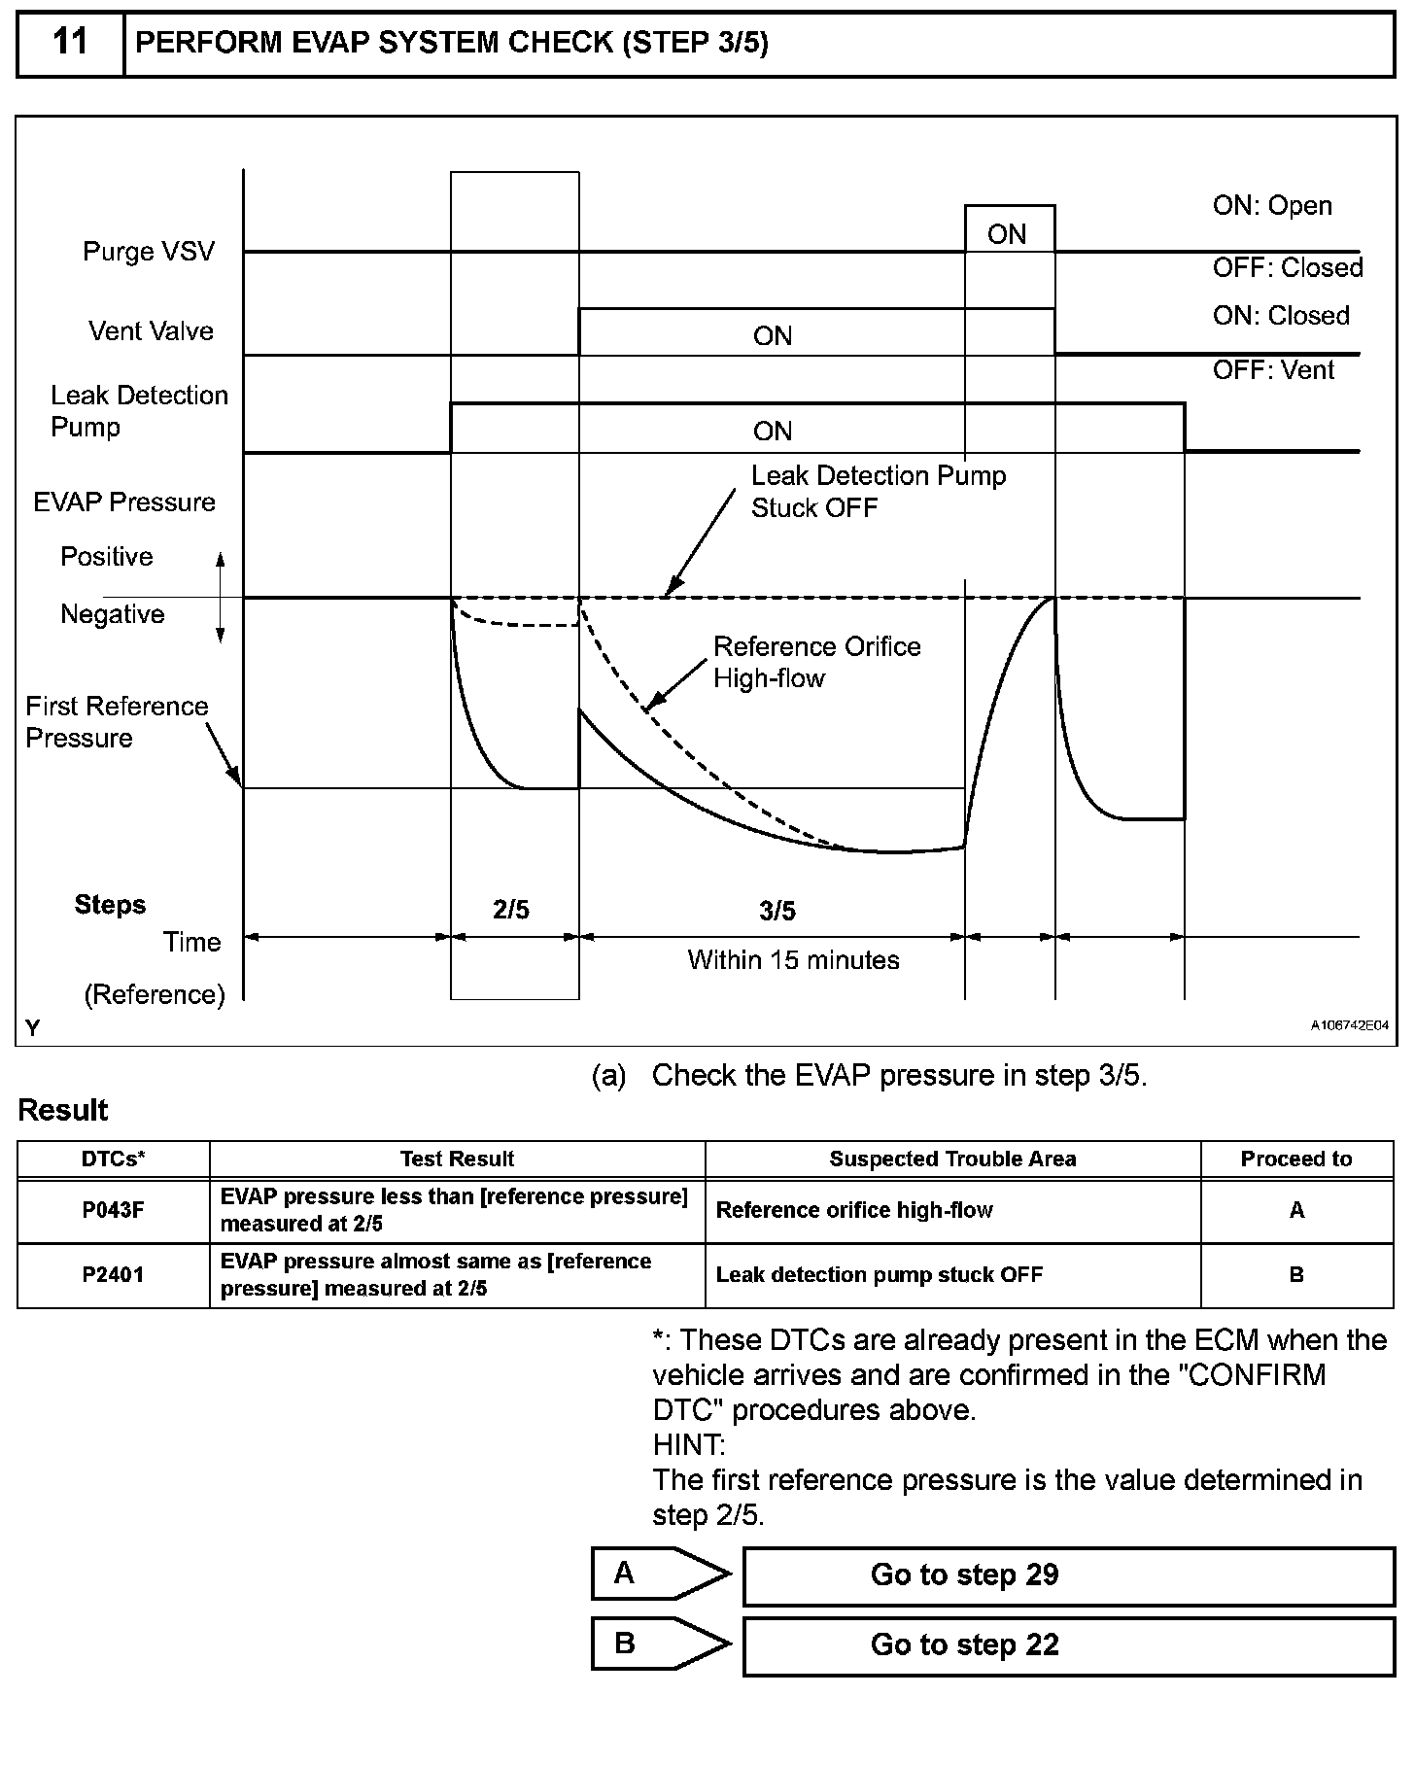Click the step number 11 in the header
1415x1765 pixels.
(x=70, y=43)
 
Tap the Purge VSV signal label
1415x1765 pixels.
(x=148, y=252)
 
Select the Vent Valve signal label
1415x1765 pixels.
(x=151, y=331)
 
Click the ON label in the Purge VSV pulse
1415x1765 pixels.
(x=1007, y=234)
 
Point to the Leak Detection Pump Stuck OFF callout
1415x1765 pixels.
(x=878, y=492)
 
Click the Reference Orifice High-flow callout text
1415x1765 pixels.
(x=816, y=662)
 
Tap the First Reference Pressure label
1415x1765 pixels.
(x=117, y=722)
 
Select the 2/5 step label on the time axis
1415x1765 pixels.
(x=511, y=910)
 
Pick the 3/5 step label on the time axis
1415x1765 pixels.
(x=777, y=911)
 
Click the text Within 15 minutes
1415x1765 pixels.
(x=793, y=960)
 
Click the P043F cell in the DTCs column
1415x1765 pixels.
(x=113, y=1210)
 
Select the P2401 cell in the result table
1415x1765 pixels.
(x=113, y=1275)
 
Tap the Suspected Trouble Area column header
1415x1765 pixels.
(x=952, y=1159)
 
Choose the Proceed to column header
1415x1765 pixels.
(x=1296, y=1159)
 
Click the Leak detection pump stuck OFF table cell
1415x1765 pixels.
(x=879, y=1275)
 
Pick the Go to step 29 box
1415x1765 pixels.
(x=1068, y=1575)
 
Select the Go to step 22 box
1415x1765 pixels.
(x=1068, y=1645)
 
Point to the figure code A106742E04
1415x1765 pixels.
(x=1349, y=1025)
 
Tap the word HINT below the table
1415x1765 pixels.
(x=688, y=1445)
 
